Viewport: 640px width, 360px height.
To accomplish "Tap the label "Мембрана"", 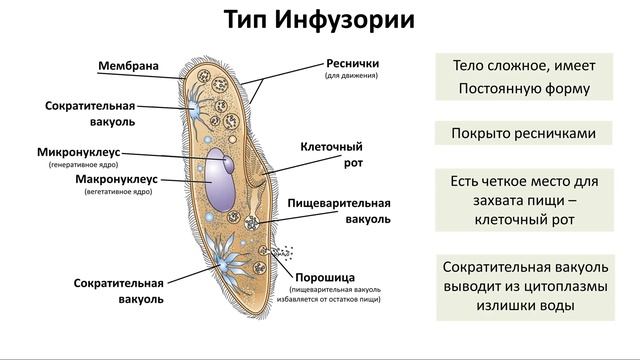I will [x=128, y=67].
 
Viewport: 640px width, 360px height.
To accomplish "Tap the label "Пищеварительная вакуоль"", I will [x=338, y=209].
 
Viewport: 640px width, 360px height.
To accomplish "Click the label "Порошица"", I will [x=325, y=278].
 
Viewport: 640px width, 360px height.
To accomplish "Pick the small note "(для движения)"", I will [x=351, y=76].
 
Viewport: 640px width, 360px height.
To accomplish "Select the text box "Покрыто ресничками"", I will [x=524, y=133].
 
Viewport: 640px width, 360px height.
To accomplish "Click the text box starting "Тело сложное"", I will [x=524, y=77].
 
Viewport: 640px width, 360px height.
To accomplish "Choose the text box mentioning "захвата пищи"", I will [x=524, y=200].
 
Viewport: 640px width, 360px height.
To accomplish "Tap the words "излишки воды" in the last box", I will [x=524, y=306].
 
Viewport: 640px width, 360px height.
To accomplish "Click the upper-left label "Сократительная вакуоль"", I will [x=90, y=113].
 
